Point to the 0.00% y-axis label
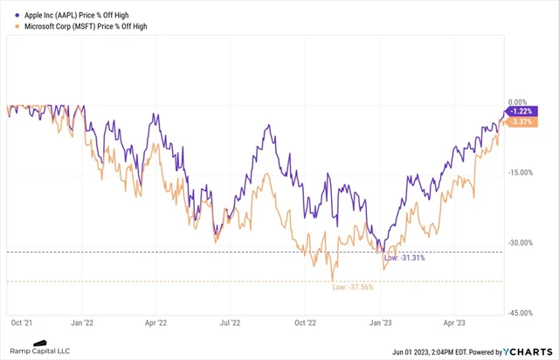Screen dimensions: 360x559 (519, 102)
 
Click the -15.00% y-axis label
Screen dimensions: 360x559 (521, 172)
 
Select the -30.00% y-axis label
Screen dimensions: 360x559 (521, 242)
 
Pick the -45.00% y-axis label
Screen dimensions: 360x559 (521, 312)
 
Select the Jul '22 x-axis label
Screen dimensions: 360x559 (231, 321)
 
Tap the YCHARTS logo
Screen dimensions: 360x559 (527, 351)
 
